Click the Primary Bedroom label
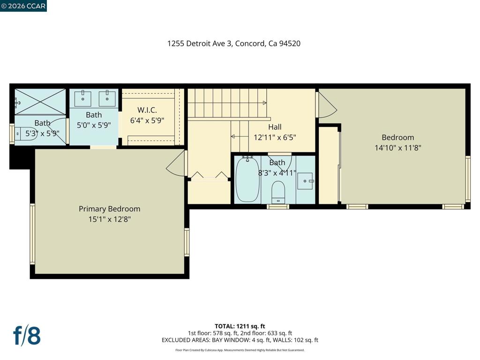[109, 209]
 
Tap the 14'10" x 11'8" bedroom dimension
[397, 148]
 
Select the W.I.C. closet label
[147, 110]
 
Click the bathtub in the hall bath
[247, 179]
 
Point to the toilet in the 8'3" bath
[278, 192]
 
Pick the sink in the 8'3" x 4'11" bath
[305, 181]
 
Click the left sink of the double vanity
[82, 98]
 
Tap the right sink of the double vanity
[107, 98]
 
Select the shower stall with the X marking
[40, 102]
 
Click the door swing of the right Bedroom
[327, 105]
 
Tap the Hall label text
[275, 127]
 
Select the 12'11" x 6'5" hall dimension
[275, 137]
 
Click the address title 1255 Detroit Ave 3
[200, 44]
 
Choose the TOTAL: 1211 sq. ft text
[240, 326]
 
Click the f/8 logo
[27, 336]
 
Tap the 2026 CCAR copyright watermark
[23, 6]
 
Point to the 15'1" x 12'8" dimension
[110, 219]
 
